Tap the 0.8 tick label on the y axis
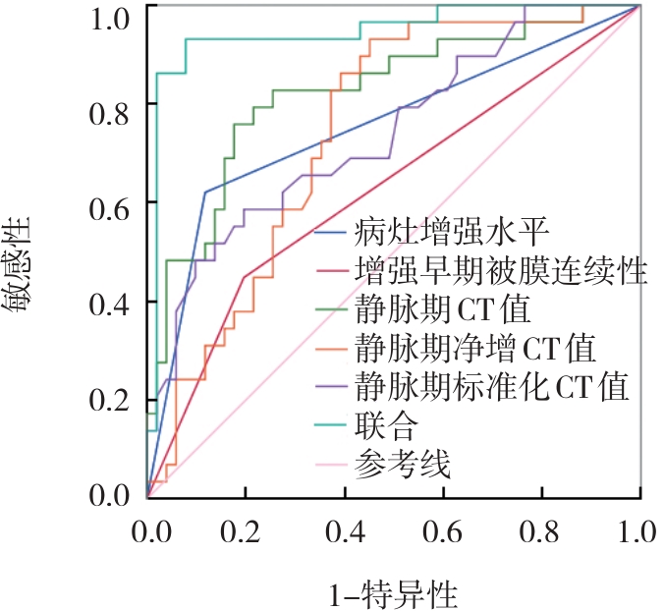click(x=109, y=112)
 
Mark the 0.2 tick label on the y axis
click(x=109, y=401)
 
